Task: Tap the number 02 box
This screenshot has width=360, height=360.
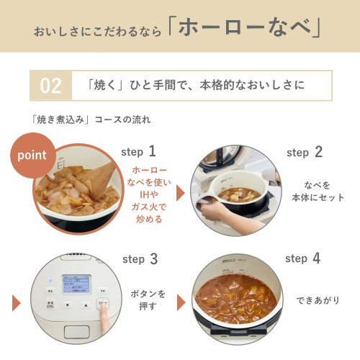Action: coord(50,86)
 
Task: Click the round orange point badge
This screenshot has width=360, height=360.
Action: coord(31,154)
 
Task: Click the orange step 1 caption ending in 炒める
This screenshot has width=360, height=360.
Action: coord(149,194)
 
